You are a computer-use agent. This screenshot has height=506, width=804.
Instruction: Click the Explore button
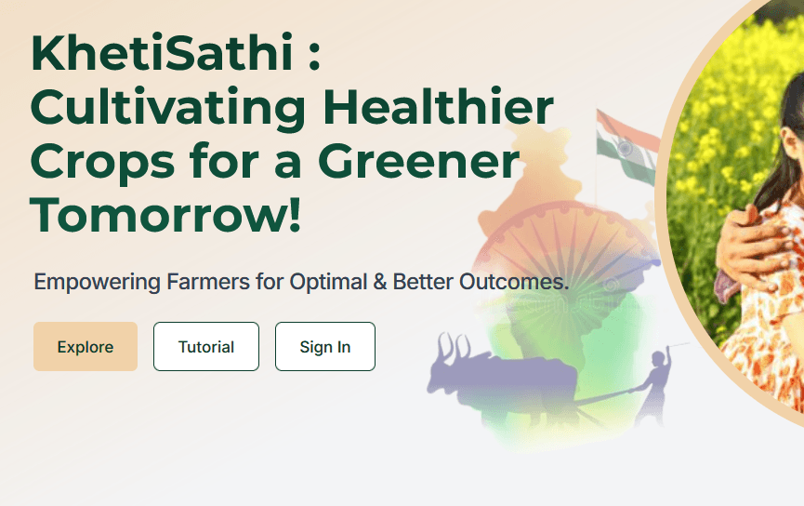(86, 346)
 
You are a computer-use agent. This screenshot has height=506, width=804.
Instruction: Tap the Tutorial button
(206, 346)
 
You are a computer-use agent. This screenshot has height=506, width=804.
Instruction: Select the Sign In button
(325, 346)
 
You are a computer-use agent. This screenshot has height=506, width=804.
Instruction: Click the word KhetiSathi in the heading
(162, 52)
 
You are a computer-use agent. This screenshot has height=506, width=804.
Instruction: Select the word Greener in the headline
(419, 161)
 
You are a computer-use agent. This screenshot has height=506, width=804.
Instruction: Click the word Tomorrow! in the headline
(165, 215)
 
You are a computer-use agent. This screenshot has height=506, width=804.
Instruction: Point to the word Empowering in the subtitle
(97, 282)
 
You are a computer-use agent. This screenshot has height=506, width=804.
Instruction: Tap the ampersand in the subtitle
(380, 282)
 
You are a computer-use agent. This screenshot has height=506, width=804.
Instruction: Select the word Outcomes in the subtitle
(512, 282)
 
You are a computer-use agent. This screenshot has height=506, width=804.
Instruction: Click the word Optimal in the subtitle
(328, 283)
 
